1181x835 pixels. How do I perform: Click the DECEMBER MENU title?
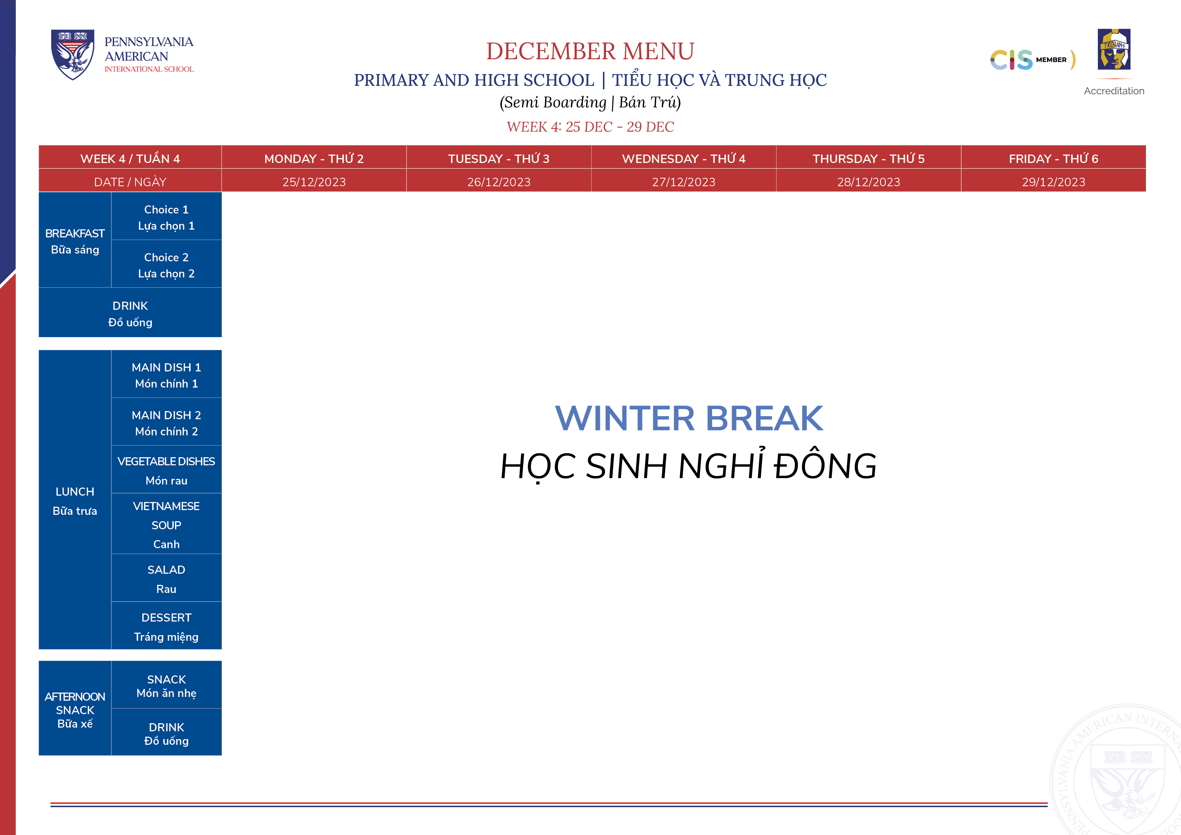[590, 51]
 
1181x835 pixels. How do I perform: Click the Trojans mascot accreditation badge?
[1114, 49]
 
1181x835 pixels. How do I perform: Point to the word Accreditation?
[1114, 91]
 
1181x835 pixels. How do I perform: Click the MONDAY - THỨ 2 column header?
[314, 159]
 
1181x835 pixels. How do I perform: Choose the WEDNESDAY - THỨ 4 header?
[684, 159]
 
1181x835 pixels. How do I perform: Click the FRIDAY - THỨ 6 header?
[1053, 159]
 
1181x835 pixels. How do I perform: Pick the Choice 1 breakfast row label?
[166, 218]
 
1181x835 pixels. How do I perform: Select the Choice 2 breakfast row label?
[166, 265]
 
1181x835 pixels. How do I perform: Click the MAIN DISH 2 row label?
[166, 423]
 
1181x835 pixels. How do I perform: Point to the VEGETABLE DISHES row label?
[166, 471]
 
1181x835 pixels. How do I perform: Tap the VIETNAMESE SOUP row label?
[166, 525]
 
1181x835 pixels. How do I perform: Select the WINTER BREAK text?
[689, 418]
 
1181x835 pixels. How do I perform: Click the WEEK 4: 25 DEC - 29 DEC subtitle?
[590, 127]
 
